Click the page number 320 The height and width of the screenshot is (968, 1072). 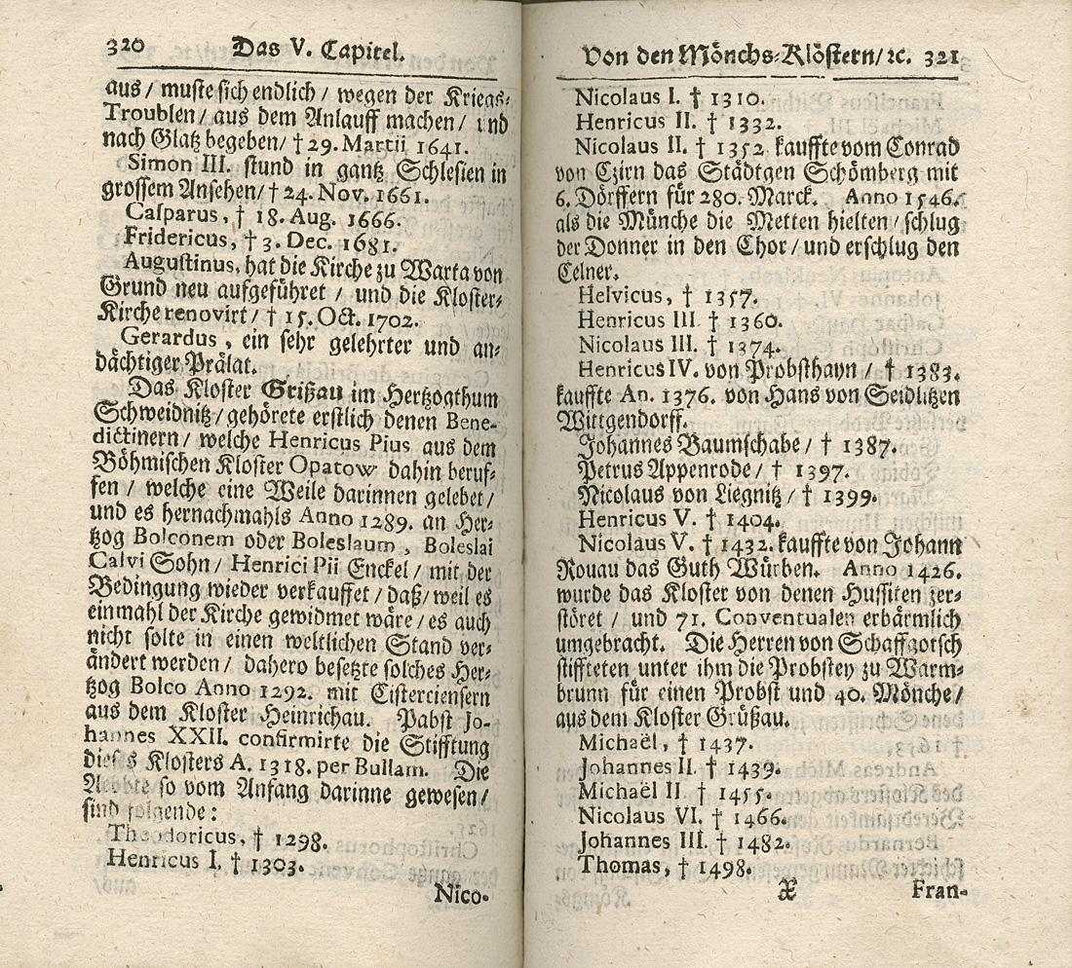coord(125,45)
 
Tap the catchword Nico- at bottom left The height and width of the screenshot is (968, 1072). coord(458,894)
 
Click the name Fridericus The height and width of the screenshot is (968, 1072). coord(172,239)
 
